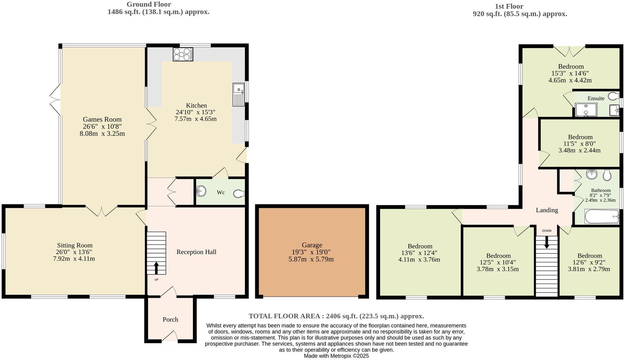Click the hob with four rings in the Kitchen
183,54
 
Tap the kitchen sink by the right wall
238,95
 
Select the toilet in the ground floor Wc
239,194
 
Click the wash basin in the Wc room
201,191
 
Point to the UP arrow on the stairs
156,268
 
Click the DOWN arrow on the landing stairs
547,242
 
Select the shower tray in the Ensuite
586,110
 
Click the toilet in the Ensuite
614,96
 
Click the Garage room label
312,245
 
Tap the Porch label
170,320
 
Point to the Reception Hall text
196,252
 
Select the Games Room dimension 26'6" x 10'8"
102,127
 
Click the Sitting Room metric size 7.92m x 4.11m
74,259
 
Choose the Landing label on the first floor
547,210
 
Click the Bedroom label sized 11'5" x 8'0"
580,137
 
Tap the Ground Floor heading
149,5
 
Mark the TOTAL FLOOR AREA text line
336,316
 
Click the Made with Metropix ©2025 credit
336,356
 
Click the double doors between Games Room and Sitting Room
102,211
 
